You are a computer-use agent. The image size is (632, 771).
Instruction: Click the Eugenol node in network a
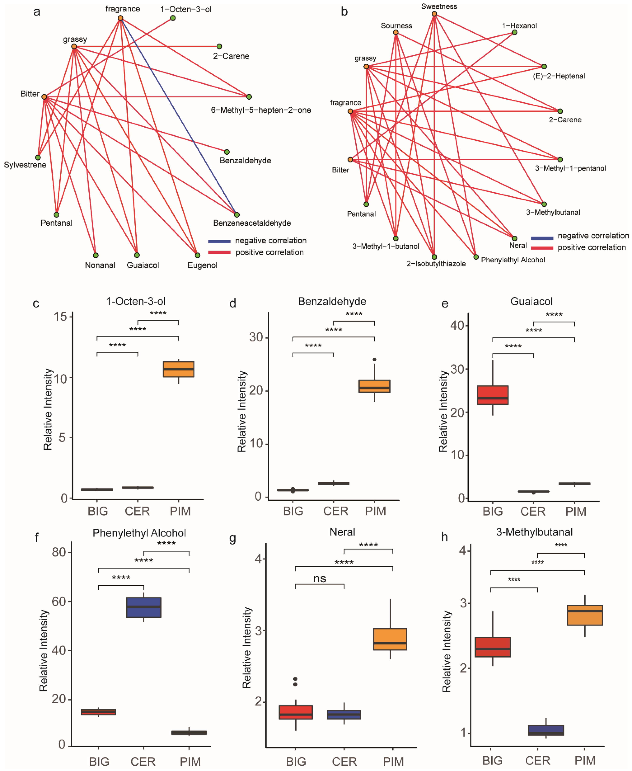coord(197,255)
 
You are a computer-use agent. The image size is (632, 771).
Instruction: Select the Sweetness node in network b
coord(434,14)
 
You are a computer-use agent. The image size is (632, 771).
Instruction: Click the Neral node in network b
coord(514,238)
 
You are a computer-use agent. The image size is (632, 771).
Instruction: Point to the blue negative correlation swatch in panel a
coord(219,241)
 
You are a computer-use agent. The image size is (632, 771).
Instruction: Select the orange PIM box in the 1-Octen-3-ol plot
coord(178,369)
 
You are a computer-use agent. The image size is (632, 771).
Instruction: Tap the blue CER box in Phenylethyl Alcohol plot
coord(144,607)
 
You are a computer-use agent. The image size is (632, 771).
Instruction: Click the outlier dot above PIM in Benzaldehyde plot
coord(375,360)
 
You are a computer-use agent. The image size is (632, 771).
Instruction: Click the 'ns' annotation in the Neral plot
coord(320,579)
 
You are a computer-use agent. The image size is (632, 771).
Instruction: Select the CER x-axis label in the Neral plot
coord(344,762)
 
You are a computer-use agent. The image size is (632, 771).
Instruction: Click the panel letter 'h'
coord(445,537)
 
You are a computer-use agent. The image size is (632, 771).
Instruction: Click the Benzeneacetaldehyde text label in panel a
coord(252,223)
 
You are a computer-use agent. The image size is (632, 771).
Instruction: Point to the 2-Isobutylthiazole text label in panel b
coord(436,264)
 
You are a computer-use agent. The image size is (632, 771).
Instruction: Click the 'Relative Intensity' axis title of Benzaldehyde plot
coord(242,411)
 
